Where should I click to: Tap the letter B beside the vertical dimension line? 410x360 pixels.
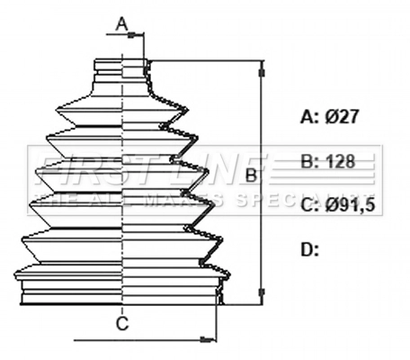[251, 173]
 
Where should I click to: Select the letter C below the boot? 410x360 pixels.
[123, 322]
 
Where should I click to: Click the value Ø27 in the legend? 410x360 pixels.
[343, 117]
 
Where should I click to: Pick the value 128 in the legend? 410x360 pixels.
[339, 162]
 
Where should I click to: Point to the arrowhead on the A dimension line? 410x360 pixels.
[139, 36]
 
